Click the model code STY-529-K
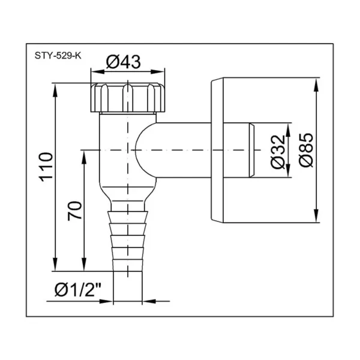point(58,56)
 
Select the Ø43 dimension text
point(124,62)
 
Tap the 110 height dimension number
point(46,167)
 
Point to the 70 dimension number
point(75,211)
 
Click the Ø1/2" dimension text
point(78,289)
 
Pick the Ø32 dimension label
point(278,152)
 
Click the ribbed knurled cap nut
point(128,98)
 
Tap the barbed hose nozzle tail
point(128,241)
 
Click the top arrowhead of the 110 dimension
point(55,90)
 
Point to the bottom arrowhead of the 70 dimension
point(84,264)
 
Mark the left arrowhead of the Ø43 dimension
point(98,71)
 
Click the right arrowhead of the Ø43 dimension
point(158,71)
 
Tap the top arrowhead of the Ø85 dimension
point(316,85)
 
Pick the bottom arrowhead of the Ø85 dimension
point(316,215)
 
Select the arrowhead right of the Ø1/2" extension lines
point(149,301)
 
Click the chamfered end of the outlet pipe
point(252,150)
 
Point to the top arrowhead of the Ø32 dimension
point(289,130)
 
